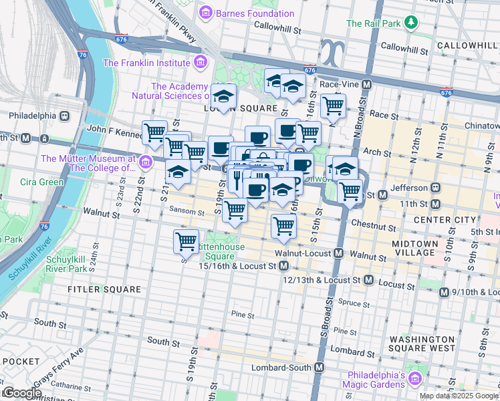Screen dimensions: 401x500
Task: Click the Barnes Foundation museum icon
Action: [x=205, y=13]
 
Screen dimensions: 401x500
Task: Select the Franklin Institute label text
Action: [x=145, y=63]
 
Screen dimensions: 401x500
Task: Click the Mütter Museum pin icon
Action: [x=145, y=160]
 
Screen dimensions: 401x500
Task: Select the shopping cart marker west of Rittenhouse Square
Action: [x=186, y=241]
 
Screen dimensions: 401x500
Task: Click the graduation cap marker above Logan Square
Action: [x=223, y=95]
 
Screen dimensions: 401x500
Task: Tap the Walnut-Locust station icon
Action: [x=339, y=254]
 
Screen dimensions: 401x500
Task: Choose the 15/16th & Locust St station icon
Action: [x=284, y=266]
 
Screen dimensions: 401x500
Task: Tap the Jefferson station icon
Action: [x=434, y=188]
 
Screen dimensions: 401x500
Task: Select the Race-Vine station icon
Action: [x=366, y=85]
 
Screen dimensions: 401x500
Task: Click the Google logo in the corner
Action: [x=21, y=393]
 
